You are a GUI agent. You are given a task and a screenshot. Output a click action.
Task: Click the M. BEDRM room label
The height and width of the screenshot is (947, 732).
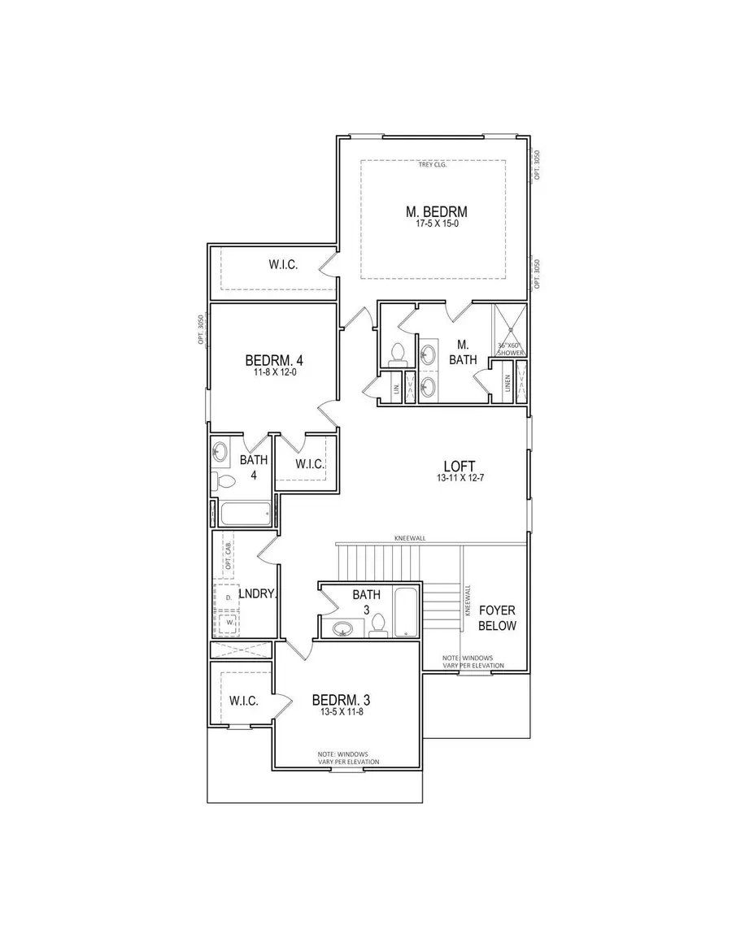pos(436,212)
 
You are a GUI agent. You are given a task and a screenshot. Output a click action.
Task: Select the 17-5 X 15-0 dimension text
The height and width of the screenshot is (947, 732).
pos(436,224)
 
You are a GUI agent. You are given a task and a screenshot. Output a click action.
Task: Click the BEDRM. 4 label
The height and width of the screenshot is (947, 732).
pos(273,360)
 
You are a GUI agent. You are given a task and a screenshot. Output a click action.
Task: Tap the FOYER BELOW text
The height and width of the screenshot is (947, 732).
pos(497,618)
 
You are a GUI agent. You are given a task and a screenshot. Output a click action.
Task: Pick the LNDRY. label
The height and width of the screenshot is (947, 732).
pos(259,594)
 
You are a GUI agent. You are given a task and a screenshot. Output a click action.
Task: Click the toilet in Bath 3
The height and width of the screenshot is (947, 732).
pos(377,624)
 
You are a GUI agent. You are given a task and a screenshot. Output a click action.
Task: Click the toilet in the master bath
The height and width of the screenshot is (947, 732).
pos(398,353)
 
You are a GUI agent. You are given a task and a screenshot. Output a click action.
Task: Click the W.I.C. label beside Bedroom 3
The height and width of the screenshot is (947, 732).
pos(243,700)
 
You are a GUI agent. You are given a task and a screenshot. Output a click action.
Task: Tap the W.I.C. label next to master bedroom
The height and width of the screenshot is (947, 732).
pos(284,264)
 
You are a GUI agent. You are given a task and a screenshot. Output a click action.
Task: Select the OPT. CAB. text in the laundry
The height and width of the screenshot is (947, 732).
pos(229,554)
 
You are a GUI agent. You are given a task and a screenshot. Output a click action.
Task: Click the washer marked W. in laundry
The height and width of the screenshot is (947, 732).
pos(230,624)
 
